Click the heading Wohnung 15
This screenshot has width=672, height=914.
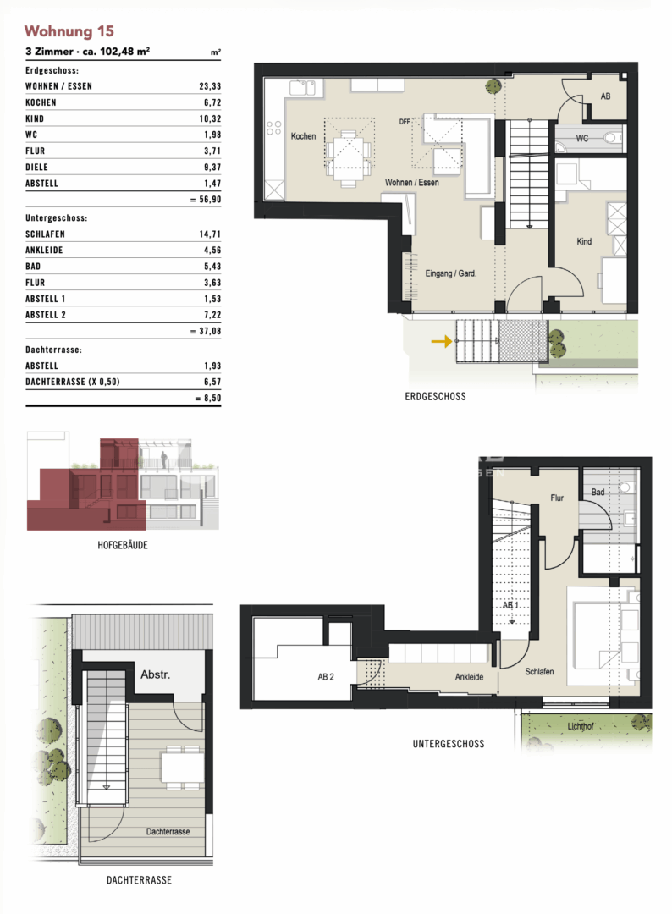coord(69,31)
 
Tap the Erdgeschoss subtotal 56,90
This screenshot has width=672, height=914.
coord(205,200)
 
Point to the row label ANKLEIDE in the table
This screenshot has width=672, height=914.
coord(45,250)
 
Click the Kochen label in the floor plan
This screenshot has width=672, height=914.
coord(303,136)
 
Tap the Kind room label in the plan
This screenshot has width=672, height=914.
coord(584,242)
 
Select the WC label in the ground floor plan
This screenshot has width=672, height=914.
coord(582,138)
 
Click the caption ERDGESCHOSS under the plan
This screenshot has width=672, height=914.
coord(435,396)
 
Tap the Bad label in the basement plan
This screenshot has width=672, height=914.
coord(598,492)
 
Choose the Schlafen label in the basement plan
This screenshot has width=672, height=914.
coord(539,671)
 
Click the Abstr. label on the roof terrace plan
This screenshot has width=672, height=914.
coord(155,675)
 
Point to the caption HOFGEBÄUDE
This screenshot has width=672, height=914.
coord(123,546)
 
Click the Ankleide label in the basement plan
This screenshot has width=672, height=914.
coord(470,676)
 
